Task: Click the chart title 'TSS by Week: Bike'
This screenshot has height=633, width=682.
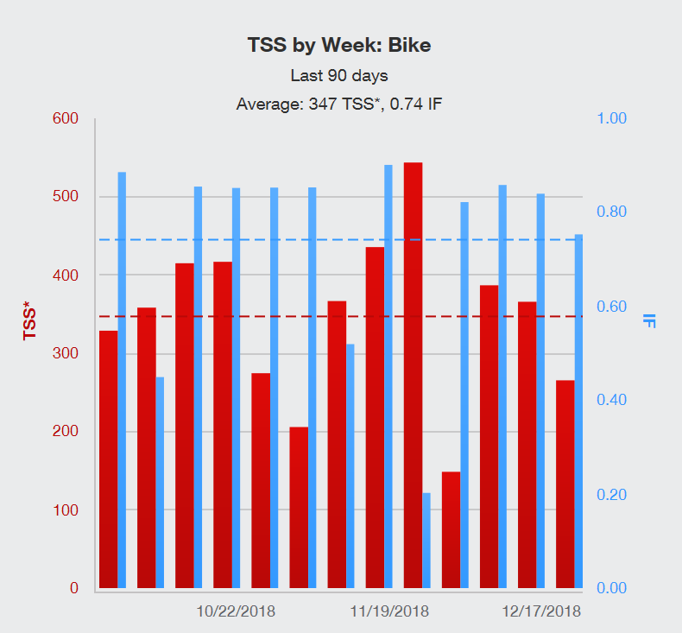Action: [338, 45]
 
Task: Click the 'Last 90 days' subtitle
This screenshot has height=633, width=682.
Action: [338, 75]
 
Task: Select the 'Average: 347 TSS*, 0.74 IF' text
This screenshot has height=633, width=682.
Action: [339, 104]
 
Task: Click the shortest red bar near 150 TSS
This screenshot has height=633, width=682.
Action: [451, 530]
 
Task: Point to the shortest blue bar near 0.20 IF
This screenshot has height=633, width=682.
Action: [426, 541]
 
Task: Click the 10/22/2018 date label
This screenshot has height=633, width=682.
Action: [236, 611]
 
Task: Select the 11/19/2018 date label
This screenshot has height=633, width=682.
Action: [388, 611]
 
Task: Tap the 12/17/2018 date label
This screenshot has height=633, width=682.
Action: [541, 611]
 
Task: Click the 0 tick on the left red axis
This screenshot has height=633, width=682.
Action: [73, 588]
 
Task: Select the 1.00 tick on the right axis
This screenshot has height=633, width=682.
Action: [615, 118]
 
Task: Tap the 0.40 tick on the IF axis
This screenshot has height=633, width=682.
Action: [615, 401]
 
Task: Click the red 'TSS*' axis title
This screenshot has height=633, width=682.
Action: [31, 320]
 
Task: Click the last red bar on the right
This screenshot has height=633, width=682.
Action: [565, 484]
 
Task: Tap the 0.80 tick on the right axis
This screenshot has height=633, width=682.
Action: [615, 212]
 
